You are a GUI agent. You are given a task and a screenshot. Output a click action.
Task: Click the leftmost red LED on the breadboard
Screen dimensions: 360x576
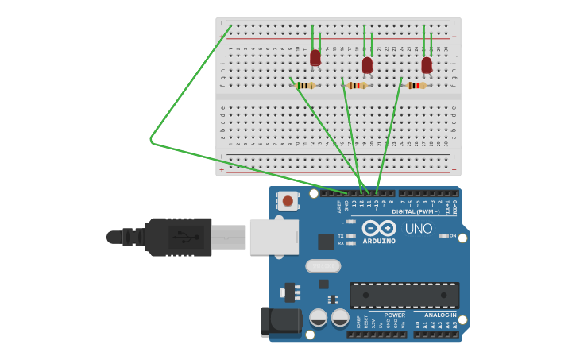tap(315, 57)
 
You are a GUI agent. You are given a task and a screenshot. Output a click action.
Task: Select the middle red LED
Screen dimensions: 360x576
tap(367, 64)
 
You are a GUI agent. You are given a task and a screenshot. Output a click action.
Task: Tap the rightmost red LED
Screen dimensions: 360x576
tap(427, 64)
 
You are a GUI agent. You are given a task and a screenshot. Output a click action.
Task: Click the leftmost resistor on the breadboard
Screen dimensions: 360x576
tap(305, 85)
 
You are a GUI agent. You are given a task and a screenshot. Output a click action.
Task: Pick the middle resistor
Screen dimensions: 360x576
tap(357, 85)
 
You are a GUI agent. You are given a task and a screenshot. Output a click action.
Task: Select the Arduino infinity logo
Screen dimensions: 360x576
tap(379, 229)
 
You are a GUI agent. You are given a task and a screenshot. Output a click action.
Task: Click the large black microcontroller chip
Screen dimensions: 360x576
tap(404, 296)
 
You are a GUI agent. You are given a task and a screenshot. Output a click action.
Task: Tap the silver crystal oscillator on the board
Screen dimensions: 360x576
tap(323, 266)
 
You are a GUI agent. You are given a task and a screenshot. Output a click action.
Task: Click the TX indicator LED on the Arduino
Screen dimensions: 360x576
tap(350, 236)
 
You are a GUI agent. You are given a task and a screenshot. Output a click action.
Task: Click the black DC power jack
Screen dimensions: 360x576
tap(281, 321)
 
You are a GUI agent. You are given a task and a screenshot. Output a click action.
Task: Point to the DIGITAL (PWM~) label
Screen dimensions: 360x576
tap(416, 211)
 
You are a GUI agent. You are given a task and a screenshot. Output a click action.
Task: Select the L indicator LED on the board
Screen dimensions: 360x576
tap(350, 222)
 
